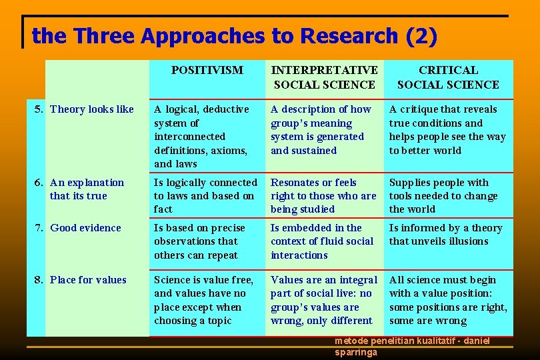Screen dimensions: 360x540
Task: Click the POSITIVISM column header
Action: click(207, 70)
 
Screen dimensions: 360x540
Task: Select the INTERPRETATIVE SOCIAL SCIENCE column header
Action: click(324, 77)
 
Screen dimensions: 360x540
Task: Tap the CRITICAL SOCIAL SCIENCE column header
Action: click(447, 77)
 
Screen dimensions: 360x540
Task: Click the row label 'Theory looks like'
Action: click(92, 109)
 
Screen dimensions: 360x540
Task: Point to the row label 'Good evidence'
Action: click(85, 228)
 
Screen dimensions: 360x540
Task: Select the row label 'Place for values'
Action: click(88, 280)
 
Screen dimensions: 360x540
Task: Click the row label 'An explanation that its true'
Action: click(87, 189)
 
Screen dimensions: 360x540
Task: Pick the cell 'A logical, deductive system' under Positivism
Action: click(202, 136)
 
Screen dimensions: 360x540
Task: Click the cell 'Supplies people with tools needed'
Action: click(443, 196)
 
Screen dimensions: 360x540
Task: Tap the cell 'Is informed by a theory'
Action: click(445, 235)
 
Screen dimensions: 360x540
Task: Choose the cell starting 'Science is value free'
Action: click(203, 300)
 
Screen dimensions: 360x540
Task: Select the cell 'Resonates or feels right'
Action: click(323, 196)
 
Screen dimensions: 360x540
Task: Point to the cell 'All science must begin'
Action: click(448, 300)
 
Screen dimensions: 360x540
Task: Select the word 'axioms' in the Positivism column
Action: click(229, 150)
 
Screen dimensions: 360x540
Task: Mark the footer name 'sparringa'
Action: click(356, 352)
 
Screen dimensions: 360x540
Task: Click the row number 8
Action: click(38, 280)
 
